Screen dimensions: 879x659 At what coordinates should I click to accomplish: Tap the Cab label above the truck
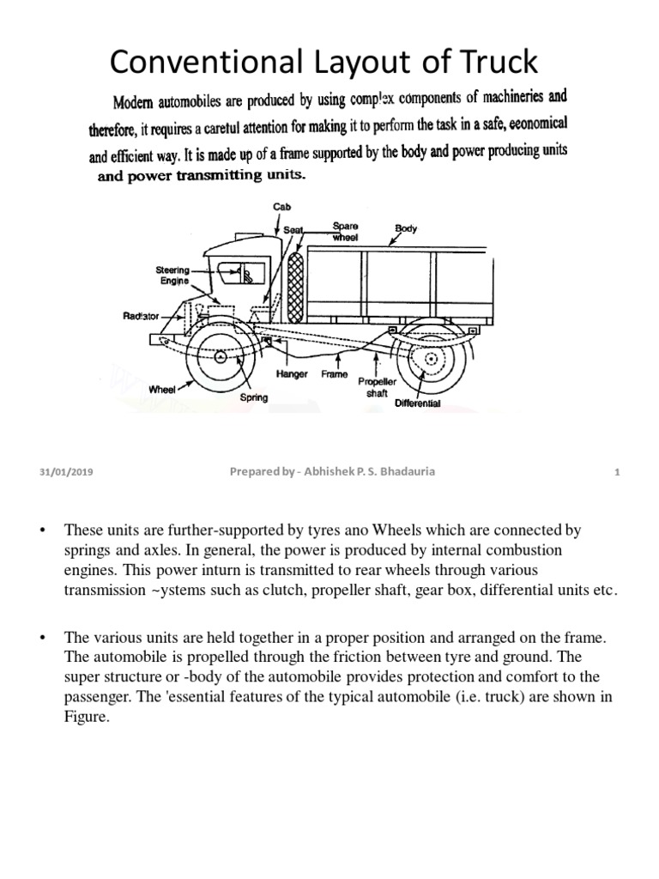[x=282, y=207]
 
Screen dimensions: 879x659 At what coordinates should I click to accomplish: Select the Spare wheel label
[x=346, y=231]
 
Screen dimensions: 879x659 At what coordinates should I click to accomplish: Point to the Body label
[x=405, y=228]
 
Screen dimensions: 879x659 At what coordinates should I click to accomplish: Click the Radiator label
[x=142, y=317]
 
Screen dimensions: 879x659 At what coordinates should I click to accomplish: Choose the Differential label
[x=418, y=403]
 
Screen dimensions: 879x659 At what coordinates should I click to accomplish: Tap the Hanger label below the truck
[x=292, y=375]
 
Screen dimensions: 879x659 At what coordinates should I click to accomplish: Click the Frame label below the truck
[x=334, y=375]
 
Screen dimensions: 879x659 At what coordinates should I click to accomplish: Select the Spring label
[x=254, y=397]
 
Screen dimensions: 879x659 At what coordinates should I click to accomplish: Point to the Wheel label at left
[x=162, y=389]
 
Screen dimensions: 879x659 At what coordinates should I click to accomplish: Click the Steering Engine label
[x=172, y=274]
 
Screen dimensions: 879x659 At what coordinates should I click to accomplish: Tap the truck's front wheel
[x=221, y=355]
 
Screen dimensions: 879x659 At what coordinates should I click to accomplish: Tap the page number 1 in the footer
[x=616, y=470]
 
